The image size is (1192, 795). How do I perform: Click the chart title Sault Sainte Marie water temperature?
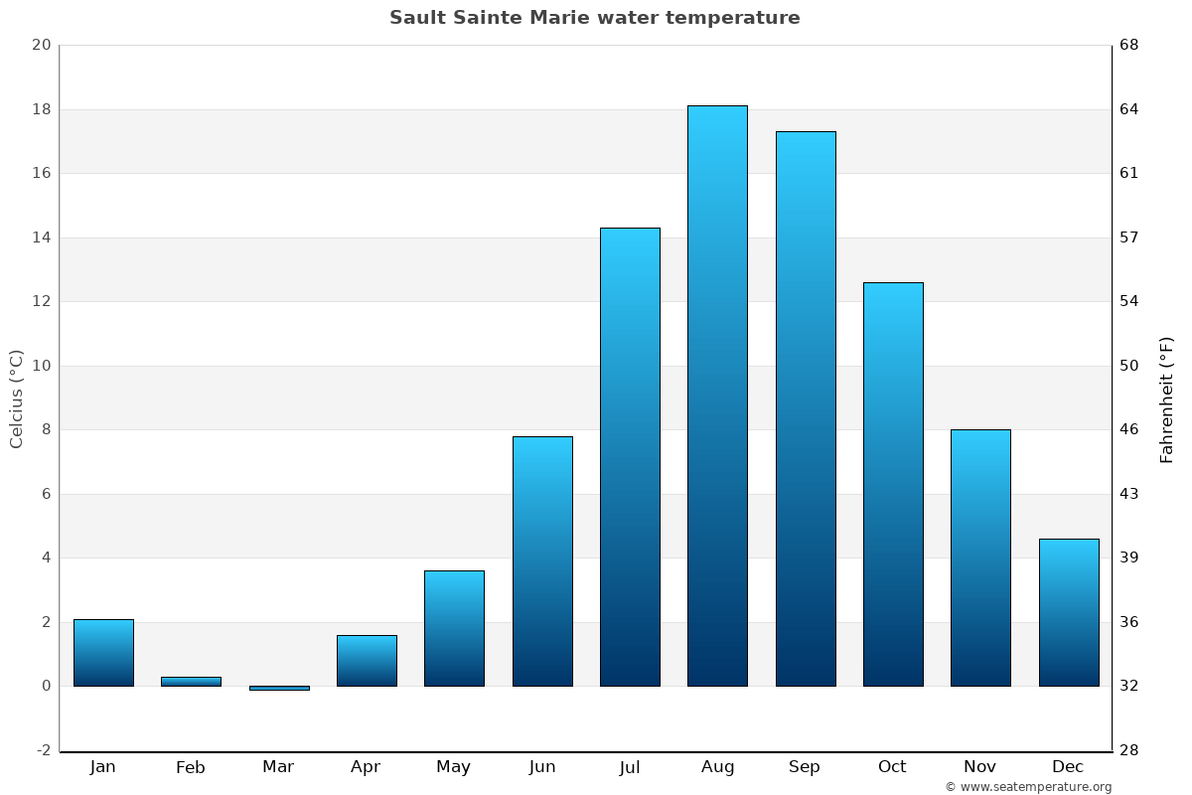(x=594, y=18)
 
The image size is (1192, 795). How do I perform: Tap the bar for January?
(x=103, y=653)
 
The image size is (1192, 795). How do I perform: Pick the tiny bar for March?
(x=278, y=688)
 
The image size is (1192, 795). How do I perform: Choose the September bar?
(x=805, y=408)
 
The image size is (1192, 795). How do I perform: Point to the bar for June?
(x=542, y=561)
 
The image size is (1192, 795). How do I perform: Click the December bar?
(x=1068, y=612)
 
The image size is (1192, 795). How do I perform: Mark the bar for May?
(x=454, y=628)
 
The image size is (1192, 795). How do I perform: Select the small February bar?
(x=191, y=682)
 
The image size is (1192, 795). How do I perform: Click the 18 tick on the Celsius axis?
(x=41, y=109)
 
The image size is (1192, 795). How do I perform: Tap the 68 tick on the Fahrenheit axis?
(x=1130, y=45)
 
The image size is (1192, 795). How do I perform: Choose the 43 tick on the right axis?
(x=1130, y=494)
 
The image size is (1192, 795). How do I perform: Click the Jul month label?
(x=630, y=767)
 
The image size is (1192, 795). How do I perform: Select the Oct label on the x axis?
(x=892, y=767)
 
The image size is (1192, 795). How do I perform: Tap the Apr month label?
(x=366, y=767)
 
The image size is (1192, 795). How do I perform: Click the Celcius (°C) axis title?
(x=17, y=398)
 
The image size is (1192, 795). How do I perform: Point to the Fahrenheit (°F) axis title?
(x=1167, y=398)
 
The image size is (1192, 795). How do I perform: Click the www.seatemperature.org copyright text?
(x=1028, y=787)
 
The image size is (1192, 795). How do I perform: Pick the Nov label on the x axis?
(x=980, y=767)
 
